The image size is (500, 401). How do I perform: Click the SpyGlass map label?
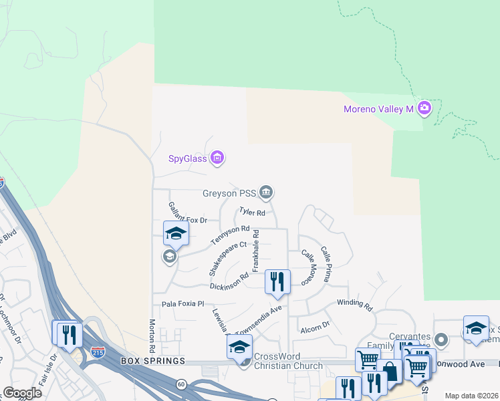[x=187, y=158]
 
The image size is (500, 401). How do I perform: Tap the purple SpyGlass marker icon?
[x=217, y=158]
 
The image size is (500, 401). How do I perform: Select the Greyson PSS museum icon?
[x=267, y=193]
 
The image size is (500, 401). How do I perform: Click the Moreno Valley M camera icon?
[x=424, y=108]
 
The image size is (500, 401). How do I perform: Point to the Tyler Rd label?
[x=253, y=213]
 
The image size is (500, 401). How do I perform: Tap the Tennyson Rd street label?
[x=230, y=235]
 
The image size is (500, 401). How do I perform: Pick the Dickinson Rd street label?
[x=229, y=281]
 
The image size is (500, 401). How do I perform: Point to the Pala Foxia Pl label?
[x=182, y=303]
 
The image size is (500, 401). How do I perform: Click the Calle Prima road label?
[x=325, y=263]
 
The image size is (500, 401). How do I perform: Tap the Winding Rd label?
[x=354, y=304]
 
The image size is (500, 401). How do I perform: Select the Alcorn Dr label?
[x=315, y=327]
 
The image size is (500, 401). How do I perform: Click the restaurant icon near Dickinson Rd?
[x=277, y=281]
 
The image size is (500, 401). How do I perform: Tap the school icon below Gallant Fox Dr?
[x=176, y=233]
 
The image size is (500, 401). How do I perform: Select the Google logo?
[x=22, y=393]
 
